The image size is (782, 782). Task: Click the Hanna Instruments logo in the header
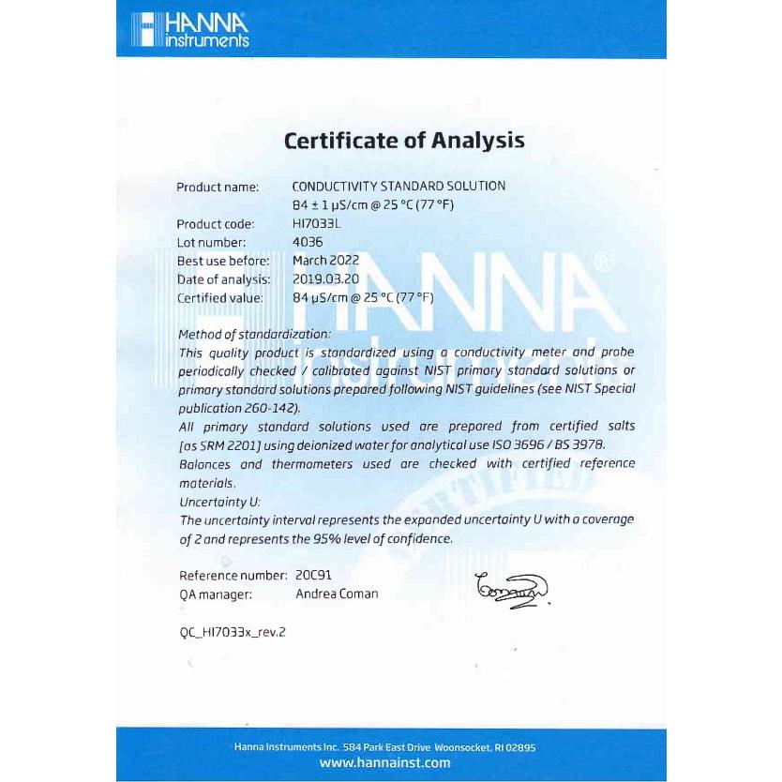(x=189, y=31)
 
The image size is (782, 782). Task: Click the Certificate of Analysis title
(x=404, y=142)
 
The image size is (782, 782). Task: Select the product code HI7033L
(x=315, y=224)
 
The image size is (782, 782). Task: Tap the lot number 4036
(x=308, y=242)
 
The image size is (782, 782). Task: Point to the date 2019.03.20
(x=325, y=278)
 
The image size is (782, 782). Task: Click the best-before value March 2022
(x=325, y=260)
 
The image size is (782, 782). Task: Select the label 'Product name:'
(x=218, y=188)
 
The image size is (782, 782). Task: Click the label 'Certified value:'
(x=220, y=298)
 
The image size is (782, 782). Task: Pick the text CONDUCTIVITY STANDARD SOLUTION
(x=399, y=187)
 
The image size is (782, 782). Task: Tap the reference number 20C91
(x=313, y=575)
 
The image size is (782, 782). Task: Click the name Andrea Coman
(x=337, y=594)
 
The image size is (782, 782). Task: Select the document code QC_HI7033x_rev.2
(x=233, y=632)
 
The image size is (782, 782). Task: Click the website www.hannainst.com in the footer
(x=384, y=763)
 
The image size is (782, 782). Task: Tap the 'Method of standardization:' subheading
(x=254, y=335)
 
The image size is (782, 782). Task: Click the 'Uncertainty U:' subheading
(x=219, y=502)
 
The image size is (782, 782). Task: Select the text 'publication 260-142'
(x=238, y=409)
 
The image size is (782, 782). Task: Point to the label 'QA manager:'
(x=214, y=594)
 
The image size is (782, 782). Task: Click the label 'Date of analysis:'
(x=223, y=279)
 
